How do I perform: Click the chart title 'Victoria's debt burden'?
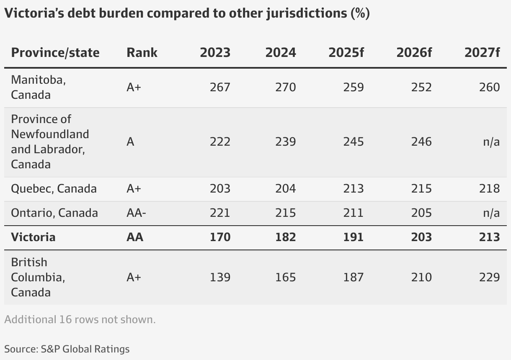(x=187, y=13)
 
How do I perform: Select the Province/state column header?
(x=55, y=53)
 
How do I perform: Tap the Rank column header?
(x=142, y=53)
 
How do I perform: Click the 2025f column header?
(x=346, y=53)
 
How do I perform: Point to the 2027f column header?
(x=482, y=53)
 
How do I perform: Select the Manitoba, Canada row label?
(x=39, y=87)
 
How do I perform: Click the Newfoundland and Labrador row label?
(x=50, y=142)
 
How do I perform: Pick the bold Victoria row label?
(x=33, y=237)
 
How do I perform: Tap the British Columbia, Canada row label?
(x=38, y=277)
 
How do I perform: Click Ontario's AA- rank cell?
(x=136, y=213)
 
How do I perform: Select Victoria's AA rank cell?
(x=135, y=237)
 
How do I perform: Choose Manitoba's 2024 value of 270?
(x=285, y=87)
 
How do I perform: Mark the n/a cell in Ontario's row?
(x=491, y=213)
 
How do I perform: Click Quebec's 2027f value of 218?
(x=489, y=188)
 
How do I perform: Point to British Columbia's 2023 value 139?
(x=220, y=277)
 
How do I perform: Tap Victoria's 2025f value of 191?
(x=353, y=237)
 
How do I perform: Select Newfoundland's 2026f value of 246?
(x=421, y=142)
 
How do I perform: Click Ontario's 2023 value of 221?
(x=220, y=213)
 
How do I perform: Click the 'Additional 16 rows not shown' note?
(x=80, y=319)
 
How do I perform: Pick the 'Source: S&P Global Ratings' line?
(x=67, y=349)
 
